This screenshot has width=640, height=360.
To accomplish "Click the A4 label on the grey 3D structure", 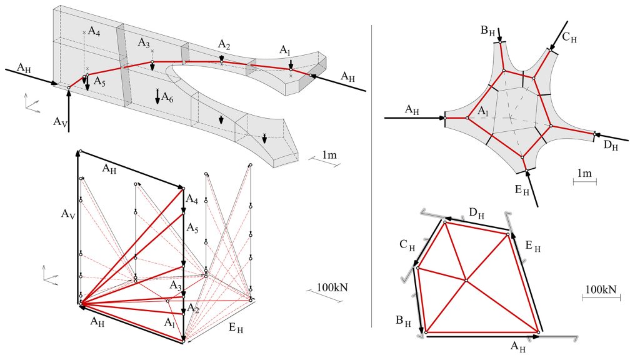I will pyautogui.click(x=94, y=32).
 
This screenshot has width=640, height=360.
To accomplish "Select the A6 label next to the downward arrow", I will pyautogui.click(x=167, y=97).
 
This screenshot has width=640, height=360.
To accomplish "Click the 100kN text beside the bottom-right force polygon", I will pyautogui.click(x=601, y=290).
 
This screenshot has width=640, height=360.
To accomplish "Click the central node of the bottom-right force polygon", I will pyautogui.click(x=466, y=281).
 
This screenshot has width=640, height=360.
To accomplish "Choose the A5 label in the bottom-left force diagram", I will pyautogui.click(x=194, y=229).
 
